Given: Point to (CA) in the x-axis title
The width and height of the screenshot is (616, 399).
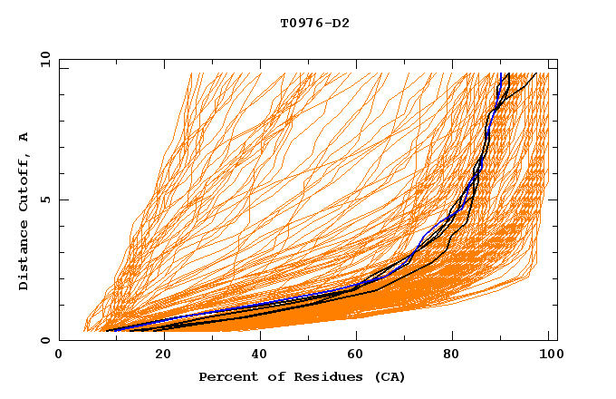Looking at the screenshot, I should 388,376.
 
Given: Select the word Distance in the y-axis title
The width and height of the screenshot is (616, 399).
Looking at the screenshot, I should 24,258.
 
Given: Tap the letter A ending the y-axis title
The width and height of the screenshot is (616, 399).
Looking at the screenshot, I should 24,137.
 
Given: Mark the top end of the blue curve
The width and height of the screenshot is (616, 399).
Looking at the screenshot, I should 501,73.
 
